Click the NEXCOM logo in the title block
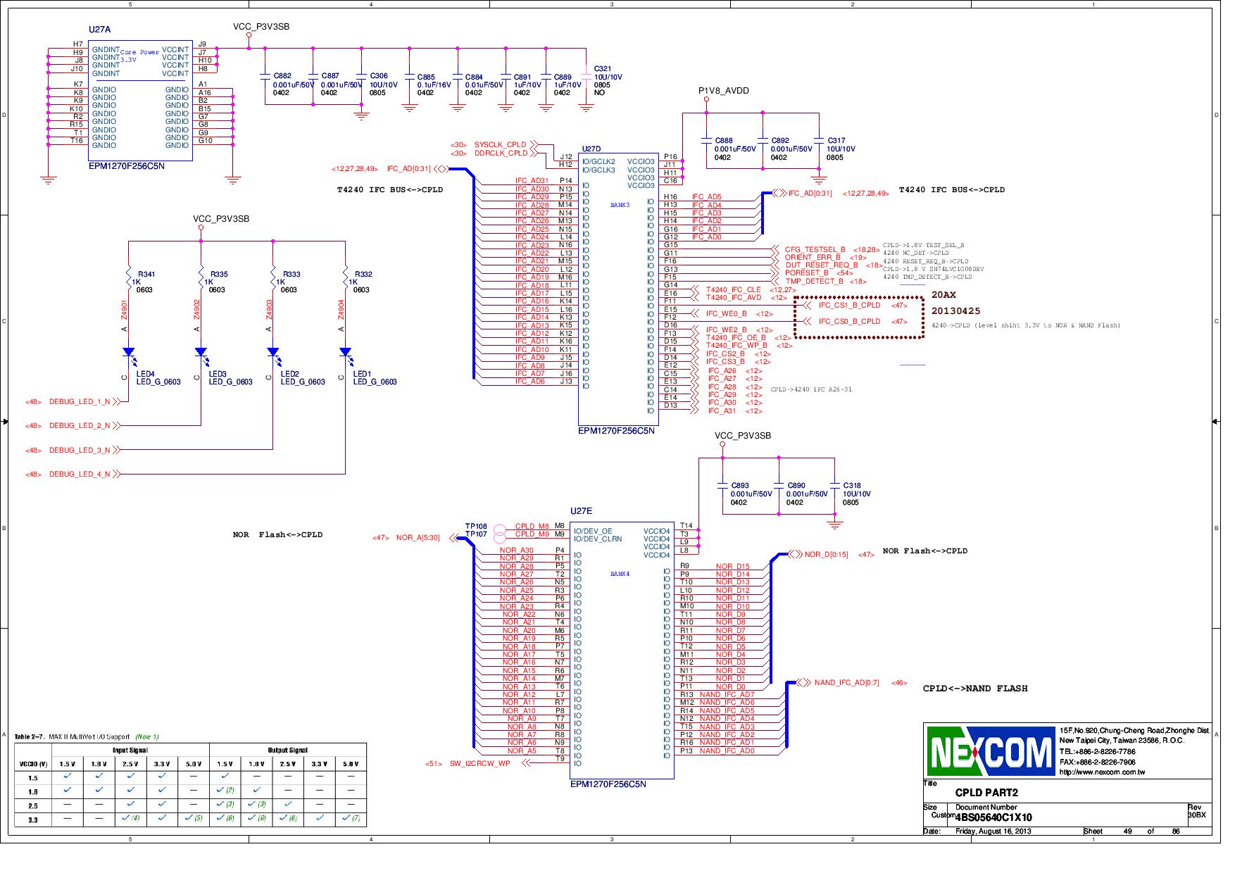[991, 750]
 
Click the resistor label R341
[146, 275]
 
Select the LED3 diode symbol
[201, 352]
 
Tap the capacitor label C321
[603, 69]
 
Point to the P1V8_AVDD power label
[723, 91]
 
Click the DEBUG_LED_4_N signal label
[80, 475]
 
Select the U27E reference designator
[581, 511]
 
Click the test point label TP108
[476, 527]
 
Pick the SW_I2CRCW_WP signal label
[479, 763]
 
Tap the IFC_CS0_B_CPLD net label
[849, 322]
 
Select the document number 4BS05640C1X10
[993, 817]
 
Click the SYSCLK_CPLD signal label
[500, 145]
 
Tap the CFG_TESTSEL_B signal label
[815, 250]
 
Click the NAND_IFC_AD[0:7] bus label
[846, 683]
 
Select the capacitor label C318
[852, 486]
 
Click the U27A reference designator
[99, 30]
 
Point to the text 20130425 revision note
[955, 311]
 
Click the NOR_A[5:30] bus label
[418, 538]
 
